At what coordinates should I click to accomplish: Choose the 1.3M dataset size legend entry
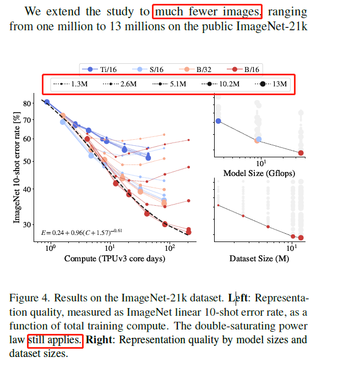point(71,85)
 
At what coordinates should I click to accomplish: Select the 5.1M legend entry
point(172,85)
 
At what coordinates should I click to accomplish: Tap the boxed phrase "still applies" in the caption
point(55,340)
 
